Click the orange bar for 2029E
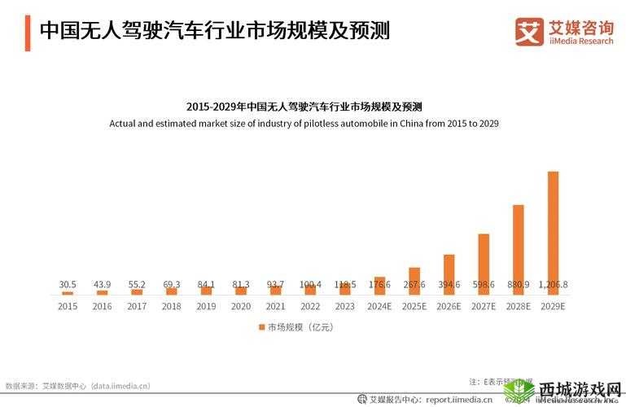[553, 232]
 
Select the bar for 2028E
[518, 249]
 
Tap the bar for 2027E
[484, 264]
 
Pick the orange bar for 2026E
[449, 274]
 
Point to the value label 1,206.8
[553, 285]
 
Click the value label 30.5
[68, 285]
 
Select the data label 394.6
[449, 285]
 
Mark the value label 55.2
[137, 285]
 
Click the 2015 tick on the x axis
[68, 306]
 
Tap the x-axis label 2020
[241, 306]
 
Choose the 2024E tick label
[379, 306]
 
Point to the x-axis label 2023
[344, 306]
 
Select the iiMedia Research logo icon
[528, 31]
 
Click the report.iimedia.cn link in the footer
[453, 400]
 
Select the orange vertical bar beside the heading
[28, 32]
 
